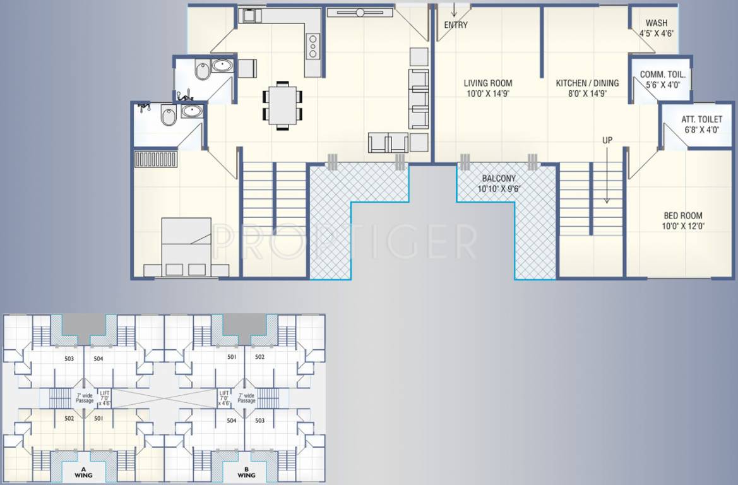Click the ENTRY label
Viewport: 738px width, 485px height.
(x=456, y=25)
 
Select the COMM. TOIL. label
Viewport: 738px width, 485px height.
(x=662, y=75)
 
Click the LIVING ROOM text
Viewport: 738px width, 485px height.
(x=488, y=83)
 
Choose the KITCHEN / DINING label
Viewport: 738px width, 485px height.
(x=587, y=83)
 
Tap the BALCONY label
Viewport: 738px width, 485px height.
(x=498, y=179)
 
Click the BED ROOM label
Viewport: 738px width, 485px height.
(x=682, y=215)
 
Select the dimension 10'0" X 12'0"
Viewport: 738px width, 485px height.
(x=682, y=226)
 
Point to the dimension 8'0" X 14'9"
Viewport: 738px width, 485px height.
(x=587, y=93)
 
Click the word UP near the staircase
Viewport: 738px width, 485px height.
(x=607, y=140)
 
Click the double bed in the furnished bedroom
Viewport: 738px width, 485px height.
(x=186, y=247)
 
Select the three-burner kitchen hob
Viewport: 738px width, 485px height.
(x=312, y=47)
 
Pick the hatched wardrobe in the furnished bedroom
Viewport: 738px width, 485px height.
(x=156, y=159)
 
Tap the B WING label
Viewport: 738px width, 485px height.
(x=246, y=471)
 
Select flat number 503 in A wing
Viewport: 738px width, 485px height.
(x=69, y=359)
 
